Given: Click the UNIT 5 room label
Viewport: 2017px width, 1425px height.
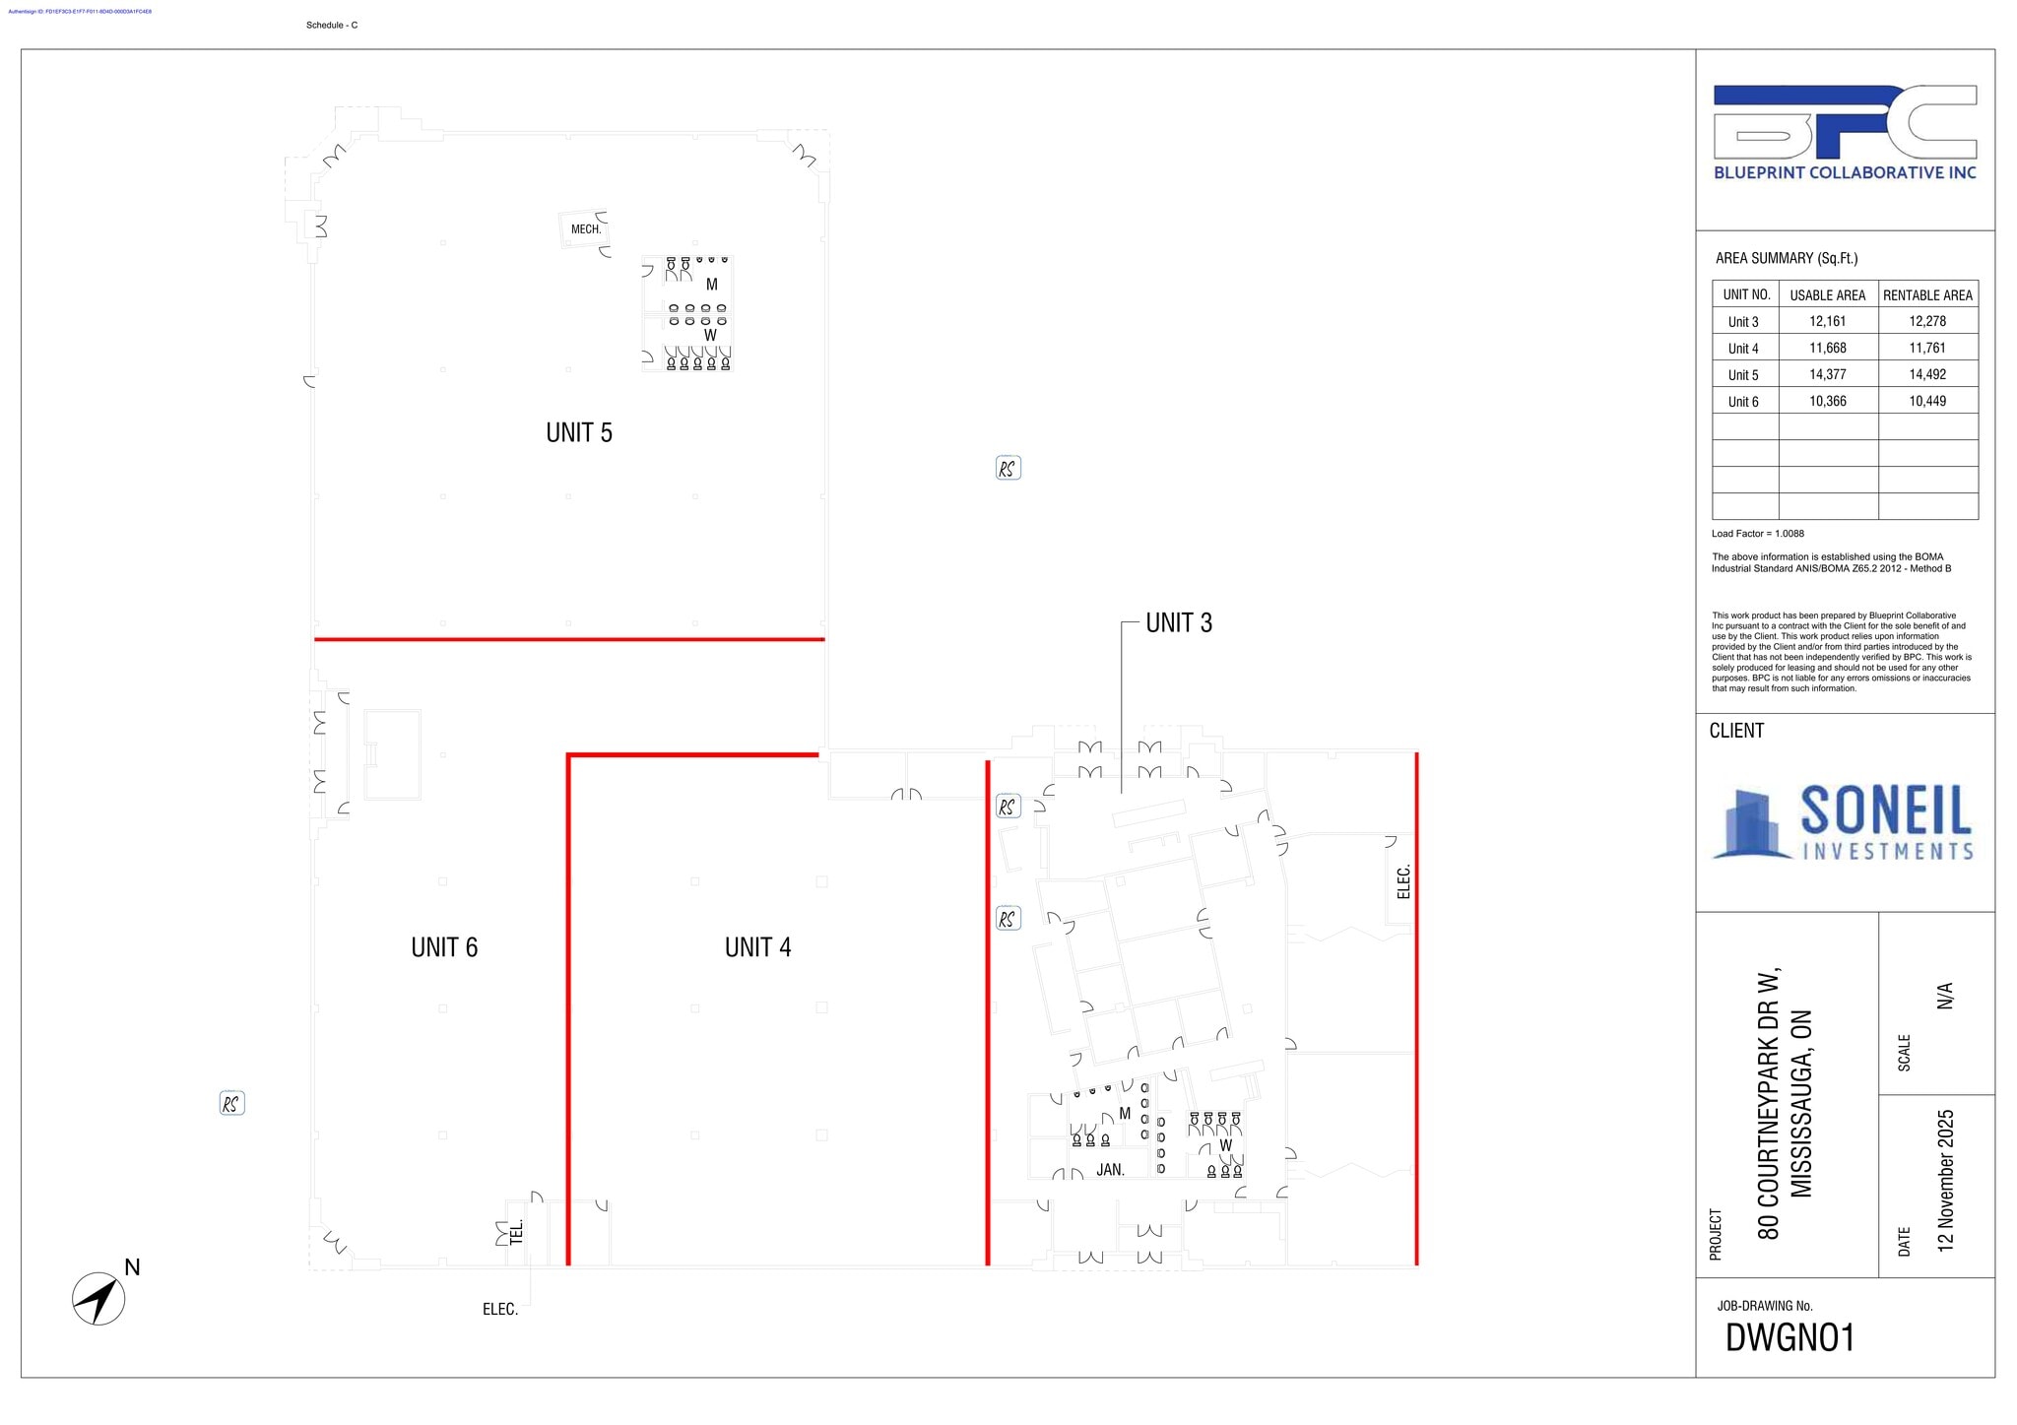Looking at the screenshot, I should click(579, 432).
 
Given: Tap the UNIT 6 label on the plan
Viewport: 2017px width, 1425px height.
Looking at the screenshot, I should click(444, 947).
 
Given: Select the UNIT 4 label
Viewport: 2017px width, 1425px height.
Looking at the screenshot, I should click(757, 947).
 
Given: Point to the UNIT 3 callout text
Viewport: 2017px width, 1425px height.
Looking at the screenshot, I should click(1179, 622).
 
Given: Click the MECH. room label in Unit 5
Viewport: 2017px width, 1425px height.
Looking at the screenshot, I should click(586, 229).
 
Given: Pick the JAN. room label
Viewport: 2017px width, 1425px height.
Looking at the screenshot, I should click(1110, 1170).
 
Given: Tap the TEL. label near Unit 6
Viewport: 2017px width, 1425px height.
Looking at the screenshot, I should click(516, 1231).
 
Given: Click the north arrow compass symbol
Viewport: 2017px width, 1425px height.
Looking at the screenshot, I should click(99, 1298).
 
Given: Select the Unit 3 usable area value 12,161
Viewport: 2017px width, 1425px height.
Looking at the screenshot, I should click(1827, 321).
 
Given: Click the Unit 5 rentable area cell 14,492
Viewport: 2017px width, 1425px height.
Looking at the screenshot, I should click(1927, 374).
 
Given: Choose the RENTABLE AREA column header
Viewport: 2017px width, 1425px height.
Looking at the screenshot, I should click(1927, 295).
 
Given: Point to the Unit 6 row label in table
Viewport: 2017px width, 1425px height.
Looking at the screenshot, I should click(1743, 402).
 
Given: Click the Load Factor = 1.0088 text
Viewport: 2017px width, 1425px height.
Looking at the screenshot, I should click(1758, 534).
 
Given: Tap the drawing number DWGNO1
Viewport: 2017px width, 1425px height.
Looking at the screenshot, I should click(1789, 1338).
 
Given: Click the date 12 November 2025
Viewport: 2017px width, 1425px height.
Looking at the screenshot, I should click(1945, 1181).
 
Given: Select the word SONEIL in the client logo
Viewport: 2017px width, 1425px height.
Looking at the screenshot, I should click(1885, 811).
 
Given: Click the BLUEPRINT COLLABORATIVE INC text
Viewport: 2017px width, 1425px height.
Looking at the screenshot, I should click(1845, 173).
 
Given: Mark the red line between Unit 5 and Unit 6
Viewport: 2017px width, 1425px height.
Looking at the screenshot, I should click(569, 639).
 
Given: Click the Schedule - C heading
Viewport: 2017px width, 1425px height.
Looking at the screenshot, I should click(332, 26).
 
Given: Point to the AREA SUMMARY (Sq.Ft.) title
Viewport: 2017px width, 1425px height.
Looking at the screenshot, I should click(1787, 258).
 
